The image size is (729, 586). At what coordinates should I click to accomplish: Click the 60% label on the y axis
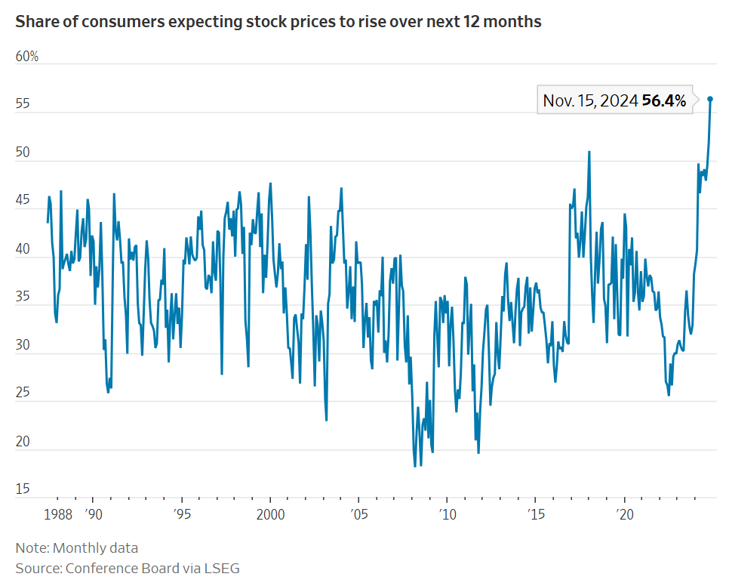tap(27, 57)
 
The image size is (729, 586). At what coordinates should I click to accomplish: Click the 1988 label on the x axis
tap(59, 514)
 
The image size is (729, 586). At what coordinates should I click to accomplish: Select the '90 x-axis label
tap(93, 514)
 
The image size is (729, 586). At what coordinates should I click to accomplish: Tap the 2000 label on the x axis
tap(270, 514)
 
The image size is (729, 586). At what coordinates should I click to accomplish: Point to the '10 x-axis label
tap(448, 514)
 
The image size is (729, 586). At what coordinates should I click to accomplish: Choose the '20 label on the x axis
tap(625, 514)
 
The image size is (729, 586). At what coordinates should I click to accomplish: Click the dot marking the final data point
tap(710, 99)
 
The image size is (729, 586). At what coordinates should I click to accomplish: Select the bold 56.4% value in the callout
tap(664, 100)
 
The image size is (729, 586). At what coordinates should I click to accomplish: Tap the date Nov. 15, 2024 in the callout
tap(590, 100)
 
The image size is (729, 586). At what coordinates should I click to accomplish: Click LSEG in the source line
tap(222, 568)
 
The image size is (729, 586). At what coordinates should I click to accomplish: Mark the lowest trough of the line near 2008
tap(415, 466)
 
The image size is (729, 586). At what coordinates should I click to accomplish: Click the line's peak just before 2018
tap(589, 152)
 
